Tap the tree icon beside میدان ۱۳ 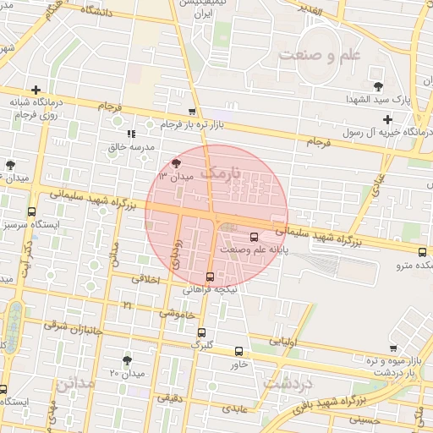176,163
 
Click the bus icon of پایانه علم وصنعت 255,238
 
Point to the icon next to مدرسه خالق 130,134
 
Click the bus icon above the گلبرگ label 201,332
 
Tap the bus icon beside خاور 238,351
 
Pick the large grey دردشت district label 288,383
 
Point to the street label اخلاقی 145,277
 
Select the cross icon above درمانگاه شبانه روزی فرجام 36,90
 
